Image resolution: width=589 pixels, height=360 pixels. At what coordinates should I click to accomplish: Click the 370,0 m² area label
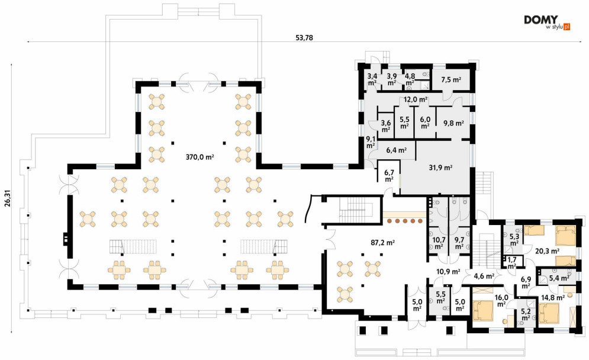pyautogui.click(x=200, y=157)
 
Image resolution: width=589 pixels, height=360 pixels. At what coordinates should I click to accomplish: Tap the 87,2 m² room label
pyautogui.click(x=383, y=243)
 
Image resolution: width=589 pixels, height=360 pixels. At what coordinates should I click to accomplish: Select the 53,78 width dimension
pyautogui.click(x=304, y=37)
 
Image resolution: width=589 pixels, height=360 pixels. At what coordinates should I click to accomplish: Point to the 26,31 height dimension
pyautogui.click(x=8, y=199)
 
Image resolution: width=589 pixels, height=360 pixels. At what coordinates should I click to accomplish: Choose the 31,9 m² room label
pyautogui.click(x=440, y=168)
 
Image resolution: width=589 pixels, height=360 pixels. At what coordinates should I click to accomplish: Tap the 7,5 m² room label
pyautogui.click(x=451, y=80)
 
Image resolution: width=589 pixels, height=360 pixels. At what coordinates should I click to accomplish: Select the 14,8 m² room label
pyautogui.click(x=553, y=298)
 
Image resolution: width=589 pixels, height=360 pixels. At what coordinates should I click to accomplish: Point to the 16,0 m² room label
pyautogui.click(x=501, y=301)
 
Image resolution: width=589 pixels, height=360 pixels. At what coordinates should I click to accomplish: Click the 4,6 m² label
pyautogui.click(x=484, y=276)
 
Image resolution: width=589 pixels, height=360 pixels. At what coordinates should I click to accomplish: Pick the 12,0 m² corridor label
pyautogui.click(x=416, y=99)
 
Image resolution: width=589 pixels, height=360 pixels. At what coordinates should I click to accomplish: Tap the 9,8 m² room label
pyautogui.click(x=453, y=123)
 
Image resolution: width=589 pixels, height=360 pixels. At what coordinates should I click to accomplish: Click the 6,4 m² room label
pyautogui.click(x=396, y=150)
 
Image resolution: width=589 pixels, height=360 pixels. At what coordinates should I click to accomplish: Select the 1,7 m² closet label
pyautogui.click(x=512, y=262)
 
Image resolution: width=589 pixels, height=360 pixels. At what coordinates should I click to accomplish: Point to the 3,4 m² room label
pyautogui.click(x=372, y=80)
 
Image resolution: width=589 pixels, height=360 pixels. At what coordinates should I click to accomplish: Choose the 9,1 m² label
pyautogui.click(x=371, y=142)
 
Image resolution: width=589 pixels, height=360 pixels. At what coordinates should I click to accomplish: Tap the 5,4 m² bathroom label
pyautogui.click(x=559, y=278)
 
